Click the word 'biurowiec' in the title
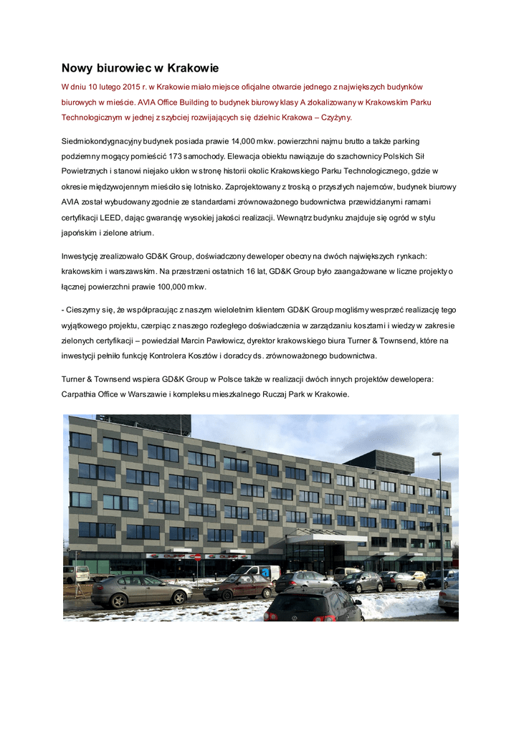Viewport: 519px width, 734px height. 123,69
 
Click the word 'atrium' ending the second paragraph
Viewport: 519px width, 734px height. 138,232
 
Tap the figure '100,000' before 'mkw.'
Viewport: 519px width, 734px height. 169,286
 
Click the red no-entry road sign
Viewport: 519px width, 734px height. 196,557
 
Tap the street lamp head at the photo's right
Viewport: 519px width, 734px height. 436,454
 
